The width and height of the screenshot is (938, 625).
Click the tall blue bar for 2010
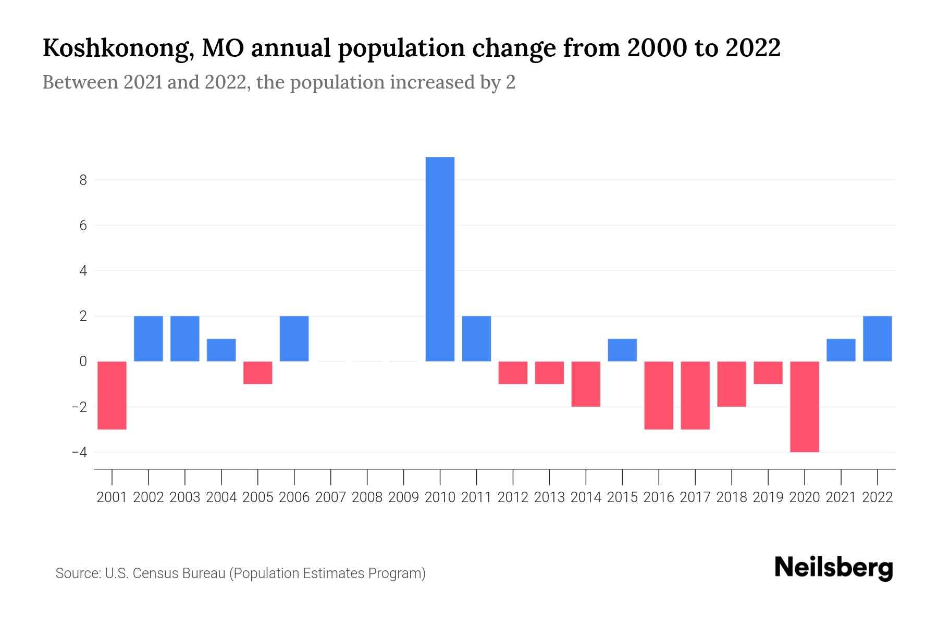[x=440, y=259]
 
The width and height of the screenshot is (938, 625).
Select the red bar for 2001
[x=112, y=395]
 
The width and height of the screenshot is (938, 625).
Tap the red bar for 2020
[x=805, y=406]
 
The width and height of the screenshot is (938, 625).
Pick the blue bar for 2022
[x=878, y=339]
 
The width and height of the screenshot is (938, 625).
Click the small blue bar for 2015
[x=622, y=350]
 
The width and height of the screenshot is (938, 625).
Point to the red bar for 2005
[x=258, y=373]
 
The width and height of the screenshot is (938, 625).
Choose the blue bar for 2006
[x=294, y=339]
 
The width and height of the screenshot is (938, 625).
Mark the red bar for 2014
[x=586, y=384]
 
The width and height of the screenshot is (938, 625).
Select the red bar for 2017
[x=695, y=395]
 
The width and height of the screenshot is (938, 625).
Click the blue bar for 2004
[x=221, y=350]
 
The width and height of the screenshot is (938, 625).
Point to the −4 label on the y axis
[x=80, y=452]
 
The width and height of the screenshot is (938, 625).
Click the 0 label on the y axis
[x=83, y=361]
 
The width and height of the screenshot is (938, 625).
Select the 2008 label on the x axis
[x=367, y=497]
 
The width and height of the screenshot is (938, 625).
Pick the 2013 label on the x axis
[x=549, y=497]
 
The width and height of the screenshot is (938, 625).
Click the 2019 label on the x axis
[x=768, y=497]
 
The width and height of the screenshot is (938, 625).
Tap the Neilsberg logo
[x=834, y=568]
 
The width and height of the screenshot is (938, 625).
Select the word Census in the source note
[x=153, y=573]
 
